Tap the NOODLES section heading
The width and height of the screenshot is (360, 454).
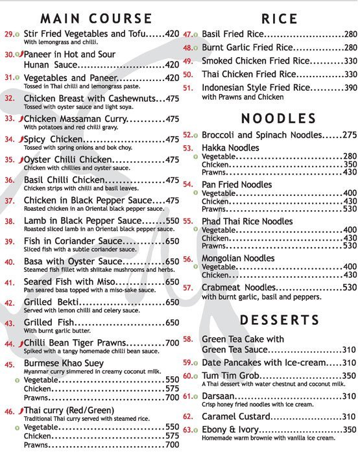pyautogui.click(x=278, y=118)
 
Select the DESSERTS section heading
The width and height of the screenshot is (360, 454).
pyautogui.click(x=278, y=320)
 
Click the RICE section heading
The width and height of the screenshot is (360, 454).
pyautogui.click(x=279, y=18)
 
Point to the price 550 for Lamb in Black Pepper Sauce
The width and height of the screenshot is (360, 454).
pyautogui.click(x=172, y=221)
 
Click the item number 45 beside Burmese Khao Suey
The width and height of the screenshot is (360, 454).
pyautogui.click(x=10, y=364)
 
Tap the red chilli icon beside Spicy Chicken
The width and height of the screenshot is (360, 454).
pyautogui.click(x=21, y=139)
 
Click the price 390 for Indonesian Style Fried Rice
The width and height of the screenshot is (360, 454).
pyautogui.click(x=350, y=88)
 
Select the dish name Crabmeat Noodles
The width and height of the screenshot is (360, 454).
pyautogui.click(x=239, y=287)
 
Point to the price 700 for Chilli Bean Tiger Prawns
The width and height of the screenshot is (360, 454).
pyautogui.click(x=172, y=342)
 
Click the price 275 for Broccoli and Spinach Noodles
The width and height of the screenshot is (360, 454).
pyautogui.click(x=350, y=135)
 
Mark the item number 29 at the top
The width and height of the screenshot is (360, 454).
pyautogui.click(x=8, y=32)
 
